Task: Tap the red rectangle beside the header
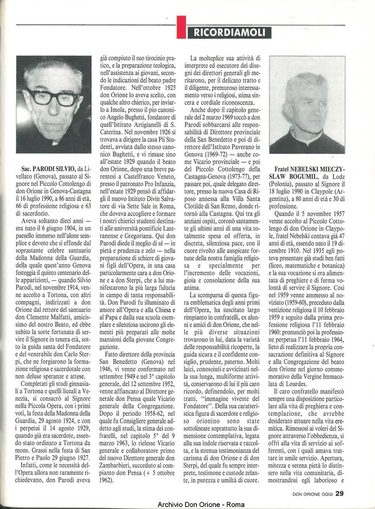click(x=181, y=27)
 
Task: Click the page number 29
click(x=339, y=493)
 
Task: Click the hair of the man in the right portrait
click(x=305, y=82)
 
